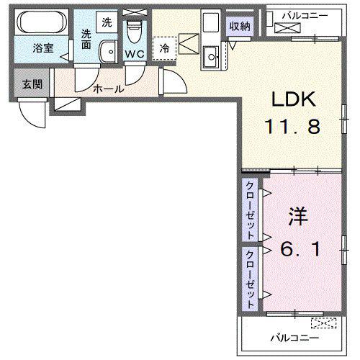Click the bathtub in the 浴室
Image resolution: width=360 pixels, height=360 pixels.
42,22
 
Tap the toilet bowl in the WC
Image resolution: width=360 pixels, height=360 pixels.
135,32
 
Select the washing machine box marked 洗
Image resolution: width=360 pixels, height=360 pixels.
107,22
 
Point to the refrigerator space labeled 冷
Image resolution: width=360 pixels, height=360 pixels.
165,48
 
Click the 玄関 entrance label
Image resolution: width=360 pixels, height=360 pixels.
32,84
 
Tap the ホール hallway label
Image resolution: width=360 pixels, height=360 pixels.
109,89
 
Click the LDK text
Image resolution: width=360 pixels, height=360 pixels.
293,99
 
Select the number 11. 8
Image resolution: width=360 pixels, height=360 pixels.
292,127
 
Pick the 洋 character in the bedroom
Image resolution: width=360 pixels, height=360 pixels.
298,217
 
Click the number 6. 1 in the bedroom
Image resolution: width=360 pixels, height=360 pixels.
300,249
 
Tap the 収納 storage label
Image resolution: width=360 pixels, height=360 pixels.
240,26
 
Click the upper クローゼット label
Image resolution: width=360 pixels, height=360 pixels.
250,210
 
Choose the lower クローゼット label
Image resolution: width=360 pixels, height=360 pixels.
250,279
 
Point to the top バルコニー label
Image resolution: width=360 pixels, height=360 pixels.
305,16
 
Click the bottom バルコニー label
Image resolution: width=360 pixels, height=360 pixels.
295,338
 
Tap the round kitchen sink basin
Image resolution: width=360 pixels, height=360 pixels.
212,57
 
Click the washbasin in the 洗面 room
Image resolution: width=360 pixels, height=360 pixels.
108,52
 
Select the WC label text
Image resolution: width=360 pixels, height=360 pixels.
135,54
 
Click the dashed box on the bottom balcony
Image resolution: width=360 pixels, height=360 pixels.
324,323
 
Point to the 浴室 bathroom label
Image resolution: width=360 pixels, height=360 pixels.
43,48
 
